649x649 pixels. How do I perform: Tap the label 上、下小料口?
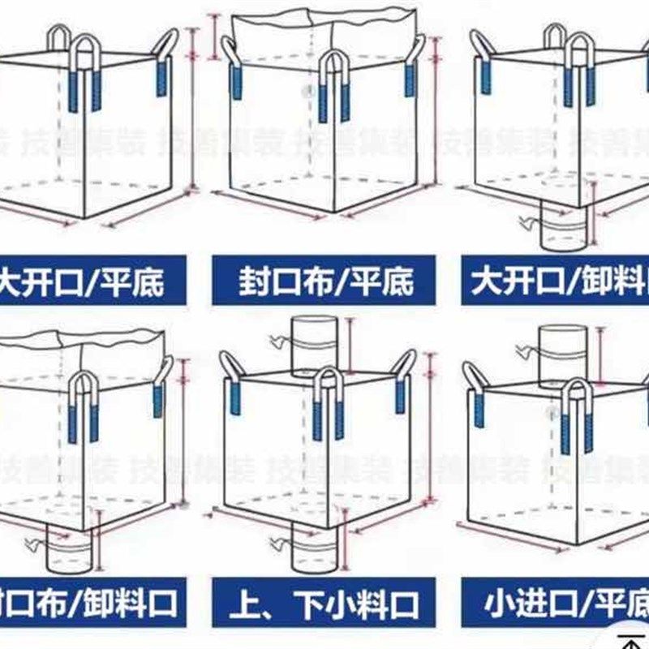click(324, 604)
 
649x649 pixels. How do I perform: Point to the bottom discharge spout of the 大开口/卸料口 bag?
click(562, 231)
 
